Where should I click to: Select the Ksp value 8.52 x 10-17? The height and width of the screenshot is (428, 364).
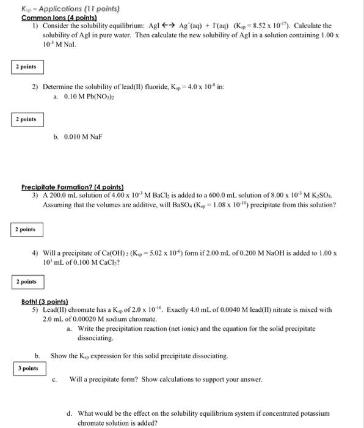(285, 26)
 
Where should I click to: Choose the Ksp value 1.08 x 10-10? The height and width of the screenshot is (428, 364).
(239, 205)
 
